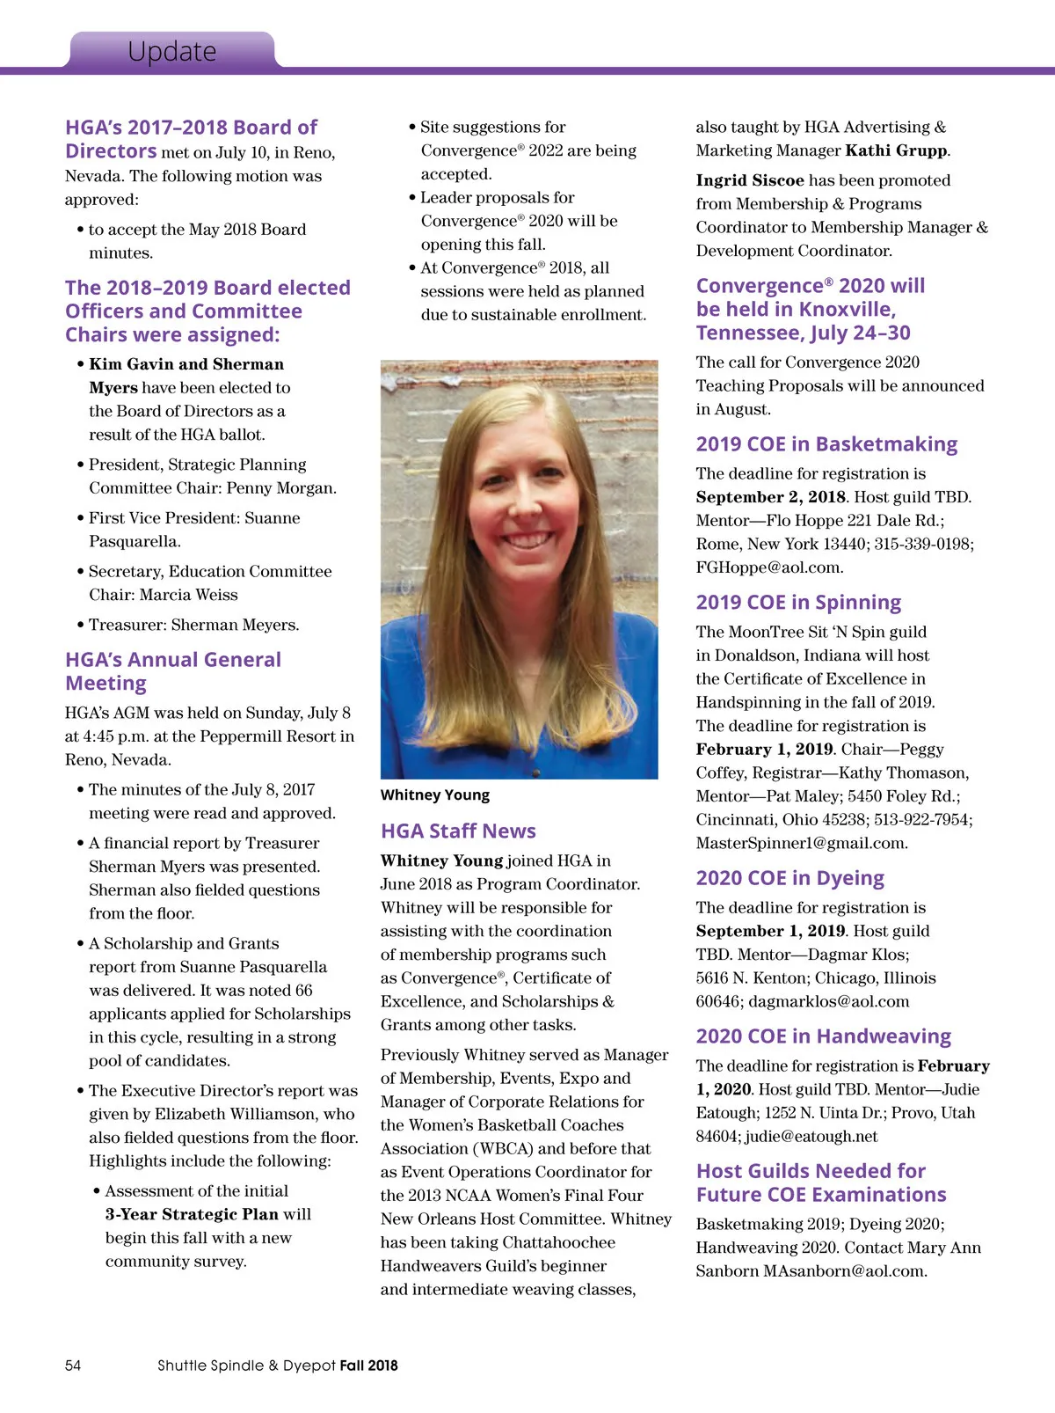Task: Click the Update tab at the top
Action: [x=171, y=51]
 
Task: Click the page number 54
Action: [x=73, y=1365]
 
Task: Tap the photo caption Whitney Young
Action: [x=434, y=795]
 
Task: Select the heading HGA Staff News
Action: [x=458, y=831]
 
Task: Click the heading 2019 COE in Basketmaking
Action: [x=826, y=444]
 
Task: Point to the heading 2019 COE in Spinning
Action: [x=798, y=603]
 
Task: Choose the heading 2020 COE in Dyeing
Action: [x=789, y=878]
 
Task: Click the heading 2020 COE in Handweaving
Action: [x=823, y=1036]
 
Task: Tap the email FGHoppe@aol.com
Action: [x=769, y=567]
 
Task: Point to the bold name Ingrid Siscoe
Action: [x=750, y=180]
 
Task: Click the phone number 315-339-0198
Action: [x=923, y=544]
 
